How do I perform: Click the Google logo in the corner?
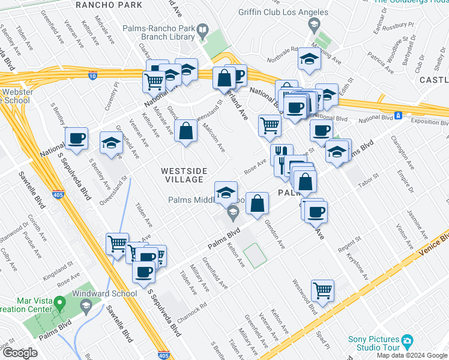coord(20,353)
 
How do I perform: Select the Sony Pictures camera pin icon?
coord(408,341)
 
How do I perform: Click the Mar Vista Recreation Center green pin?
coord(59,304)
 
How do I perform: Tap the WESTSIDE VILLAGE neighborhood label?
coord(184,176)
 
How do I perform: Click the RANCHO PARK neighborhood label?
coord(110,5)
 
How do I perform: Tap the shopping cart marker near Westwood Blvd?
coord(323,290)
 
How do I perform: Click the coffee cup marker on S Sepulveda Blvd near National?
coord(77,138)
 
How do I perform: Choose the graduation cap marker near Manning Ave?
coord(309,59)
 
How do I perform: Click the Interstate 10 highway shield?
coord(92,76)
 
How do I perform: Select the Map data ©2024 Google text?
coord(412,355)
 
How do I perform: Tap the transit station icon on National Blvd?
coord(398,115)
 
